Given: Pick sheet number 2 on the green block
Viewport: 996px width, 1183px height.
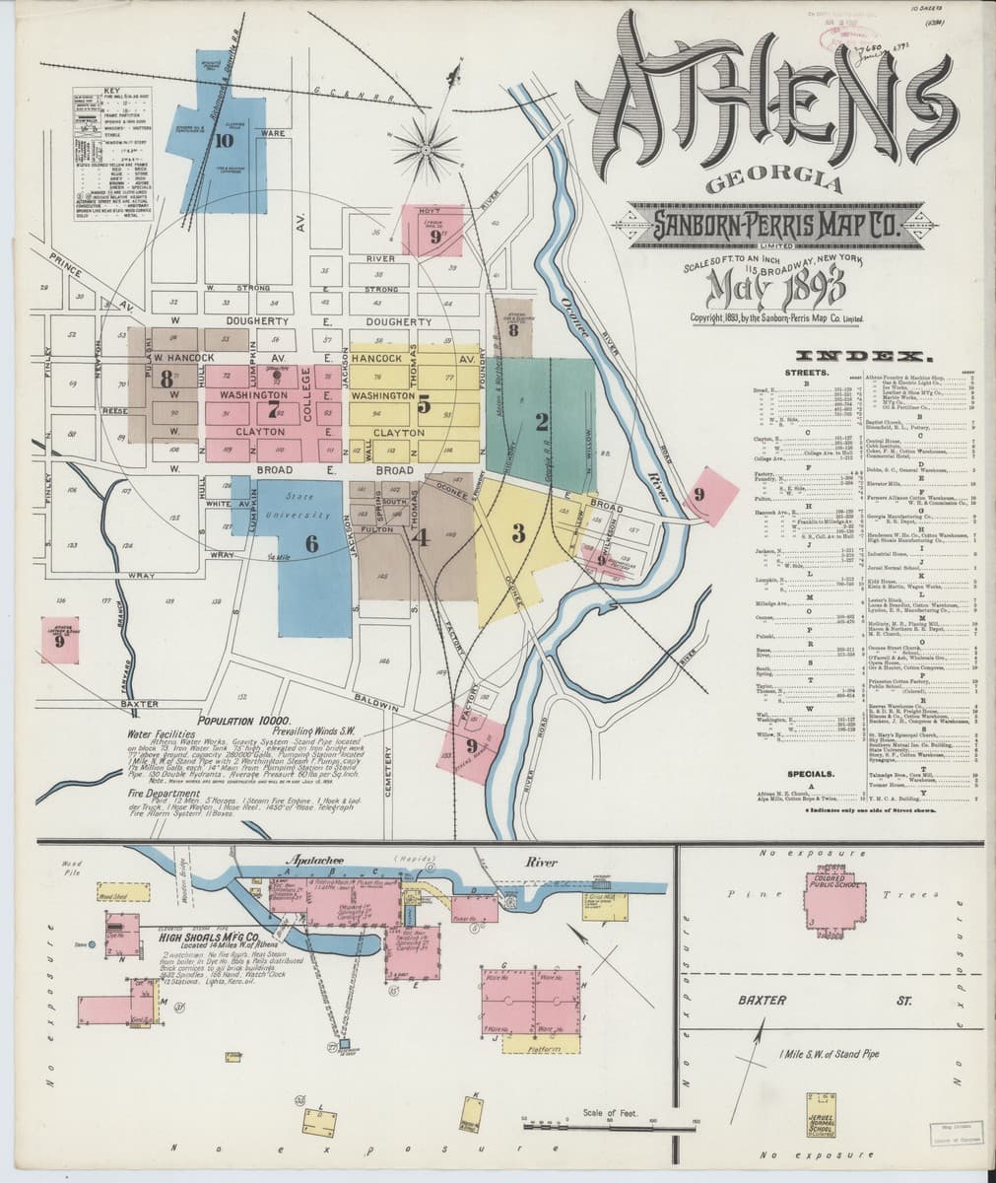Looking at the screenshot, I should point(541,422).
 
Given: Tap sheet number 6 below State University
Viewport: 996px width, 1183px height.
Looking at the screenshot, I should point(311,541).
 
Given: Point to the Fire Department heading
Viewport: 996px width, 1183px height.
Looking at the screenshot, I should point(166,791).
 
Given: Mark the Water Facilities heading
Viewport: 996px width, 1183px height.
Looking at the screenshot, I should point(165,733).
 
